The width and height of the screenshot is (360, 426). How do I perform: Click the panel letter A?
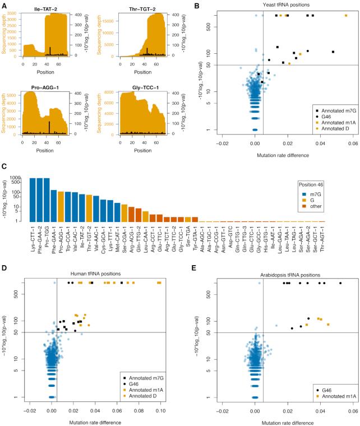point(4,4)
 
